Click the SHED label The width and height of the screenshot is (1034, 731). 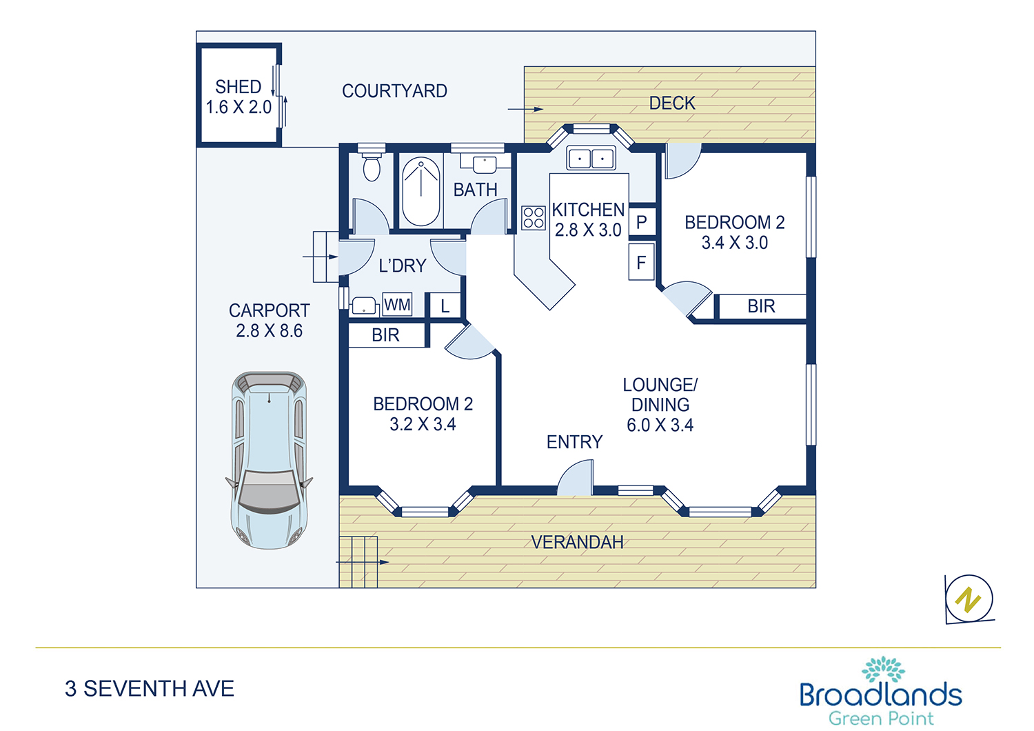pos(239,87)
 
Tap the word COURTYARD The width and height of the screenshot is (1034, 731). pos(395,91)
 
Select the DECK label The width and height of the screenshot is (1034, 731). pos(672,103)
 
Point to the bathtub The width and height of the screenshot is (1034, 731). pos(421,191)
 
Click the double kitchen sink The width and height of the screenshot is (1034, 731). pos(591,159)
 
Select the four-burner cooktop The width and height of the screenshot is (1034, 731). pos(534,218)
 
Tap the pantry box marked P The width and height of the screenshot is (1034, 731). pos(642,222)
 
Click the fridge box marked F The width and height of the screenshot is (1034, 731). pos(642,262)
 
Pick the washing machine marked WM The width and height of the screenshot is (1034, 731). pos(397,305)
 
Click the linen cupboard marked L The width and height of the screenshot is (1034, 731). pos(445,306)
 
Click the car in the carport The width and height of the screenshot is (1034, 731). pos(269,461)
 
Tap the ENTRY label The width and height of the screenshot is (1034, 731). pos(575,442)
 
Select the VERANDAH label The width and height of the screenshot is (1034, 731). pos(578,542)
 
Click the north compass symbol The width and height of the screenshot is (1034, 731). pos(969,599)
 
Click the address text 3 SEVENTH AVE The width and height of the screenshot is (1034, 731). pos(150,688)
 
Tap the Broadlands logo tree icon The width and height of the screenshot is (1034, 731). pos(882,669)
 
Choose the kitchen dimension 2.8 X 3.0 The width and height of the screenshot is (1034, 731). pos(588,230)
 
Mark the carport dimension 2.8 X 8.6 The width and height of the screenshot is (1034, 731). pos(269,330)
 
